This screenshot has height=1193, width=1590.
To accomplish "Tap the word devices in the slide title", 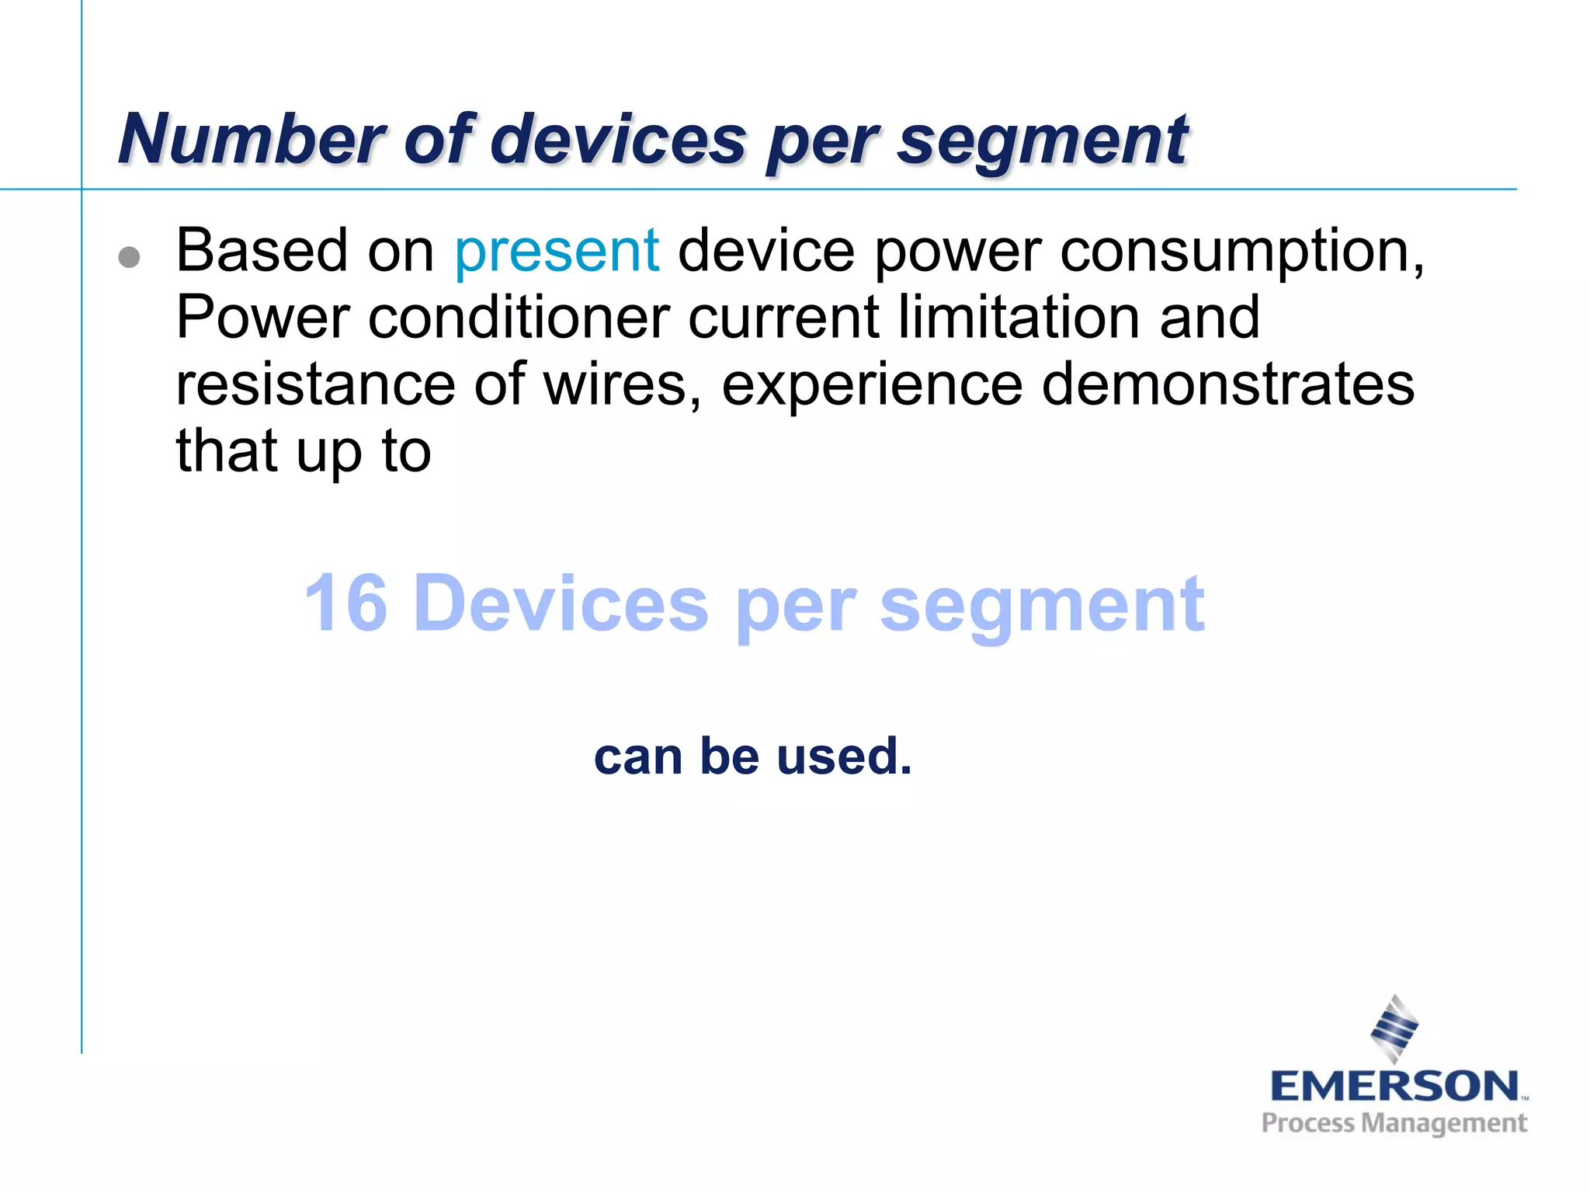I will (x=617, y=140).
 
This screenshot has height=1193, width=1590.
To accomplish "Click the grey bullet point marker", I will (x=130, y=257).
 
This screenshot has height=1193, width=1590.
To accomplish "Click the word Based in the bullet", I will (x=261, y=251).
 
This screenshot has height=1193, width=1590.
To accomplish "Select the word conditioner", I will (x=519, y=318).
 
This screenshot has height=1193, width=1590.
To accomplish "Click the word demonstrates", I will (x=1227, y=384).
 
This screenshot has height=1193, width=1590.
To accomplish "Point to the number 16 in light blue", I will (x=345, y=603).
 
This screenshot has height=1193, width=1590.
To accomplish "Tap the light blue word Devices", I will (x=561, y=603).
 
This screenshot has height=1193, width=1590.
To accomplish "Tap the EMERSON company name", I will (x=1394, y=1086).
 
